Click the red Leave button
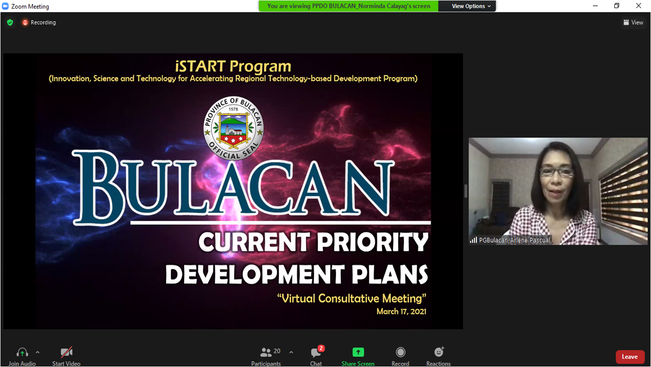click(630, 357)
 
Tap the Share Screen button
click(358, 352)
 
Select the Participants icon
click(266, 352)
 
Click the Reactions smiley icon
click(439, 352)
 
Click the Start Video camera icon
click(66, 352)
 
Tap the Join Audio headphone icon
click(22, 352)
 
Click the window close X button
click(639, 6)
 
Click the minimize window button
click(595, 6)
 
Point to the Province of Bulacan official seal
click(233, 128)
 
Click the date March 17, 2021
click(401, 311)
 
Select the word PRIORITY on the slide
click(373, 242)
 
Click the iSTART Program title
click(233, 66)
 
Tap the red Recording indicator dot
click(25, 22)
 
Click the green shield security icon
click(10, 22)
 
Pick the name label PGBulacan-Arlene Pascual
click(514, 240)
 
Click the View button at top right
click(633, 22)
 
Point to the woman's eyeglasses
click(556, 172)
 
